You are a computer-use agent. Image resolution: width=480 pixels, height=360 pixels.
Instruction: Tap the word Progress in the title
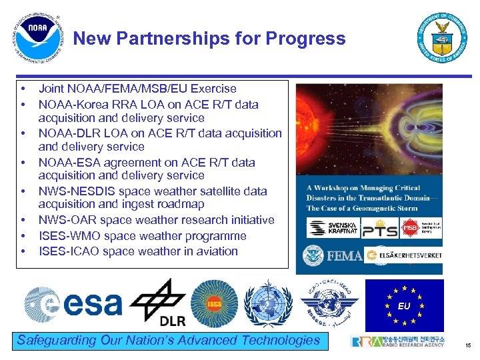(x=305, y=39)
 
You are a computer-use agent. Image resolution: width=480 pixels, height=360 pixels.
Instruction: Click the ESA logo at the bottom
(x=73, y=303)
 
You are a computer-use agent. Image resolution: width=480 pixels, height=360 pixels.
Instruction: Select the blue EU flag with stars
(x=404, y=305)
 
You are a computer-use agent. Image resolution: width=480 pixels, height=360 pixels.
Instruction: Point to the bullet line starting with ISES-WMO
(x=142, y=236)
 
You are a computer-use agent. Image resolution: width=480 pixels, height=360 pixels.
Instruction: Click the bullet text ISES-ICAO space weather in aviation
(x=138, y=251)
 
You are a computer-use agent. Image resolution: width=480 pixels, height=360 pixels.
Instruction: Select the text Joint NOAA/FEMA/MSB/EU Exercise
(x=137, y=89)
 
